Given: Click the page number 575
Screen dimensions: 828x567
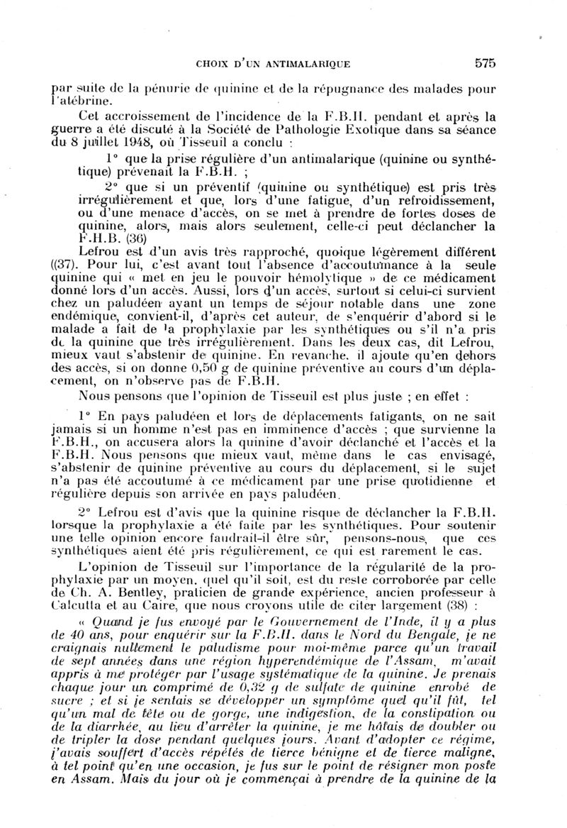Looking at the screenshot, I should [x=485, y=63].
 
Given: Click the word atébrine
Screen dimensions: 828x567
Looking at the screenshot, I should [x=82, y=102].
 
